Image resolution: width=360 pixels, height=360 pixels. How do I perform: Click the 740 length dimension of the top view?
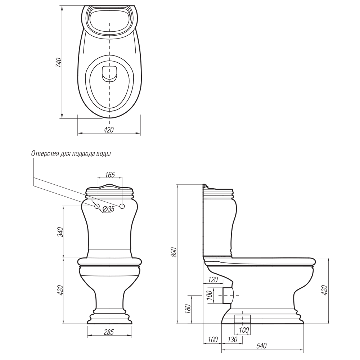coord(59,62)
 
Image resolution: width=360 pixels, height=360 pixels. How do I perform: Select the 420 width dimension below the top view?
coord(109,130)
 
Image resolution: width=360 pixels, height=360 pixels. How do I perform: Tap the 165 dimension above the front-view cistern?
coord(110,175)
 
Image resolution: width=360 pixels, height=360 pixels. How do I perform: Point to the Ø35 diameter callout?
coord(108,209)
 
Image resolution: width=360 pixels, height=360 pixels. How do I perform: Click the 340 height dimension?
coord(60,232)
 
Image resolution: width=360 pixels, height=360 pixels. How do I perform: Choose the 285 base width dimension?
coord(109,332)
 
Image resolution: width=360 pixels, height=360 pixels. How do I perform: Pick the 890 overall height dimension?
coord(174,252)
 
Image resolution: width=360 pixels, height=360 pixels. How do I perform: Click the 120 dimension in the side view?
coord(212,280)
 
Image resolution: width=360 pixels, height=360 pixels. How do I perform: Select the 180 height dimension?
coord(188,309)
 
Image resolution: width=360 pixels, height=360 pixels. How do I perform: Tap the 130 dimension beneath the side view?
coord(233,339)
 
